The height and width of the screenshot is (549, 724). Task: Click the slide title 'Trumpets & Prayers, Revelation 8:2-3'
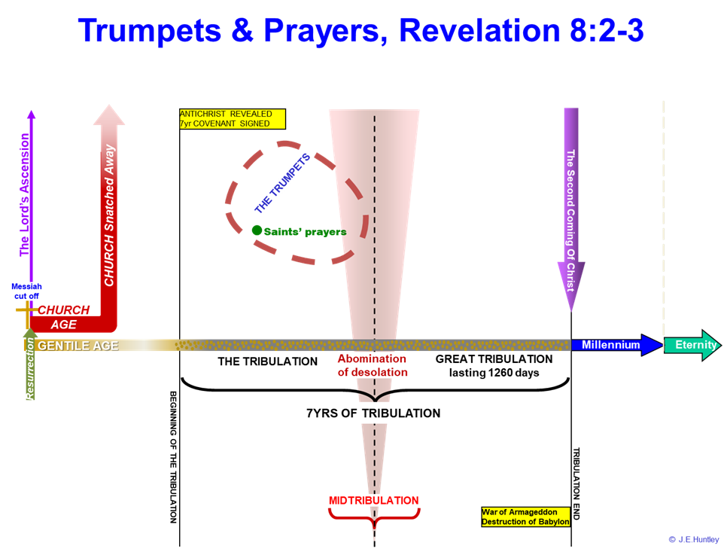pos(361,29)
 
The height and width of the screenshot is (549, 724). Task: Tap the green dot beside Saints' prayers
pos(257,230)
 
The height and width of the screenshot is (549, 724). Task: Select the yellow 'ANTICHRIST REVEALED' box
pos(233,119)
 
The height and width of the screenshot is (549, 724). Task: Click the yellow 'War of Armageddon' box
pos(525,517)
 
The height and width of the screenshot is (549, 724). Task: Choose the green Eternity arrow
pos(691,345)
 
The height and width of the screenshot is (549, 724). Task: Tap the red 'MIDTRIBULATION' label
pos(373,500)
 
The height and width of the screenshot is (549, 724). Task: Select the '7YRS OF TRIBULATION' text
pos(373,413)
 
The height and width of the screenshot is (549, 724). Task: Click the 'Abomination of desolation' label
pos(372,365)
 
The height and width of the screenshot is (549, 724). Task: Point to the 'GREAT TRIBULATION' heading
pos(494,359)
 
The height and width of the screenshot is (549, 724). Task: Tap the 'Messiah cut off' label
pos(27,291)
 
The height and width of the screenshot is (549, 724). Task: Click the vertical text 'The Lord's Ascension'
pos(25,195)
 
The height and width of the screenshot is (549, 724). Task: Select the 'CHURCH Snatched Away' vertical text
pos(109,215)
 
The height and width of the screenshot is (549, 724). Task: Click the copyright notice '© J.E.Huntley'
pos(693,539)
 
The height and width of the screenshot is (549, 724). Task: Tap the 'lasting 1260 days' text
pos(494,373)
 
